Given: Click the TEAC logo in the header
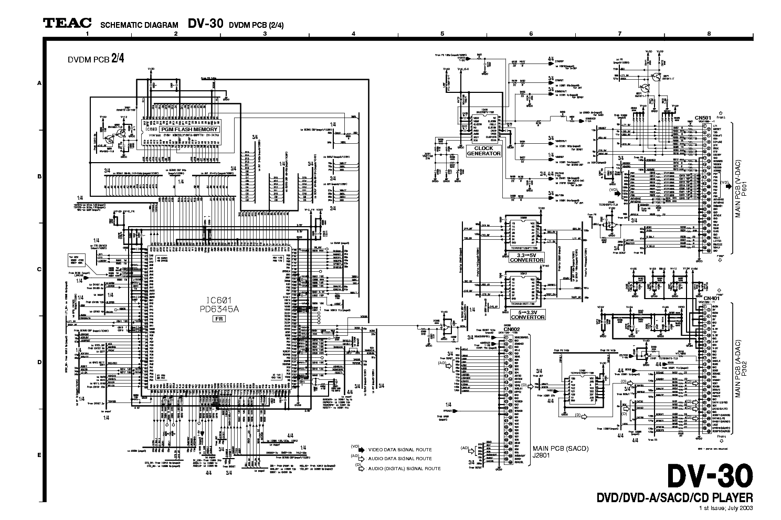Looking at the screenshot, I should tap(67, 23).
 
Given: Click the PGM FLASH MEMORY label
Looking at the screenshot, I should tap(188, 129).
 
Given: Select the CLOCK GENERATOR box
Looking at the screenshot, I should tap(483, 151).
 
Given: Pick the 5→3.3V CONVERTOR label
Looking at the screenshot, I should tap(527, 314).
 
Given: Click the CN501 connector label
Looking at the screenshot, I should tap(701, 118).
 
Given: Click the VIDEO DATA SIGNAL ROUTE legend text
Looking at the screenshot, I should tap(400, 450).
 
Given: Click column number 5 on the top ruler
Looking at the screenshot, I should tap(442, 34).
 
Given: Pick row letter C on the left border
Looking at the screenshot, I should tap(39, 270).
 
